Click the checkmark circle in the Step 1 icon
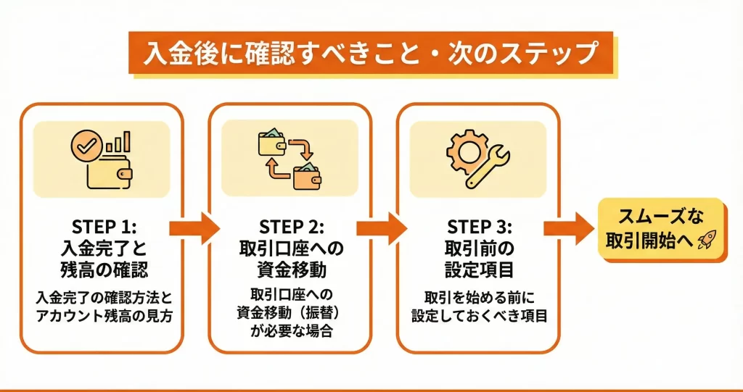point(86,148)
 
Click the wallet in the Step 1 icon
point(109,172)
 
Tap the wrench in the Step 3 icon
point(490,164)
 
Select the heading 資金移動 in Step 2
point(291,270)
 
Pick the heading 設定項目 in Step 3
point(478,270)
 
